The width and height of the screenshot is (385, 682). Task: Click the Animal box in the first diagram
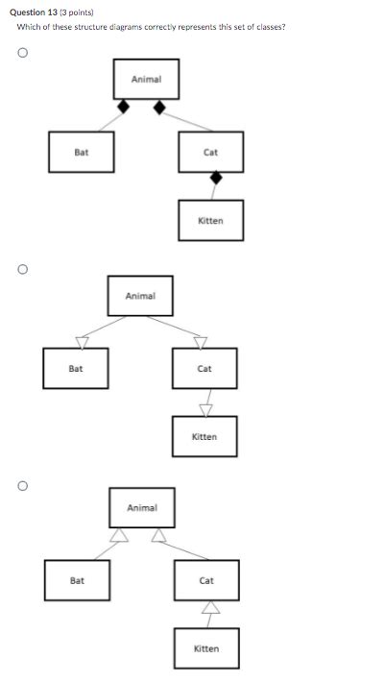pyautogui.click(x=146, y=79)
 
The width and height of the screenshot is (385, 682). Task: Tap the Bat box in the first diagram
pyautogui.click(x=82, y=152)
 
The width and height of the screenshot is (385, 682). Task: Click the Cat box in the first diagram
pyautogui.click(x=210, y=152)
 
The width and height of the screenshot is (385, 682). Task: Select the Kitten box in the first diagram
pyautogui.click(x=210, y=220)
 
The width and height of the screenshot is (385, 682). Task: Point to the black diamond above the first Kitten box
pyautogui.click(x=216, y=178)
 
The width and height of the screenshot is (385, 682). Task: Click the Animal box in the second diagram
pyautogui.click(x=140, y=296)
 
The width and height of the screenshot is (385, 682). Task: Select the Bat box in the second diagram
pyautogui.click(x=76, y=369)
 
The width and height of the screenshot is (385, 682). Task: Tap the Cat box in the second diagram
pyautogui.click(x=205, y=369)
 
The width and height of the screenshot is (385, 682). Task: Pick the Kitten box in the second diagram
pyautogui.click(x=205, y=437)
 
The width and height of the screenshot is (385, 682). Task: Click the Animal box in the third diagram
pyautogui.click(x=142, y=507)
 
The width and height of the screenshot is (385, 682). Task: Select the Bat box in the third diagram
pyautogui.click(x=77, y=580)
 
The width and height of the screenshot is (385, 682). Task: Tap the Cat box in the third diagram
pyautogui.click(x=206, y=580)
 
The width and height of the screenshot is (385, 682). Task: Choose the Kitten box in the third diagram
pyautogui.click(x=206, y=648)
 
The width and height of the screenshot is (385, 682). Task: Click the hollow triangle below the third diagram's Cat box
pyautogui.click(x=208, y=608)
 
